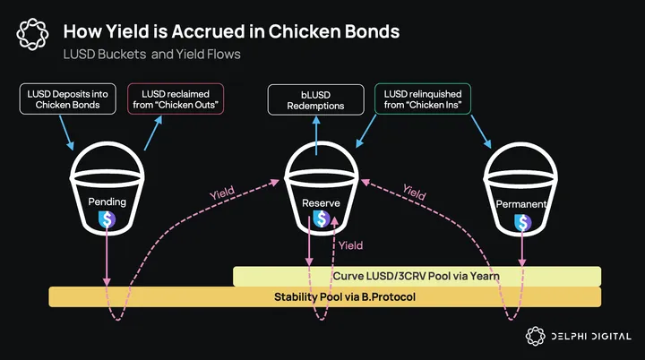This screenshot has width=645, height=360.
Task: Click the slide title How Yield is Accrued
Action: pyautogui.click(x=231, y=32)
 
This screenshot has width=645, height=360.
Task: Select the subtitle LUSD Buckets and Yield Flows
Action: pyautogui.click(x=151, y=55)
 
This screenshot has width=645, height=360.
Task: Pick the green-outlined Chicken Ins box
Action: pyautogui.click(x=421, y=99)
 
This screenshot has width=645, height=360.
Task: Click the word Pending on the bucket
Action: pyautogui.click(x=107, y=202)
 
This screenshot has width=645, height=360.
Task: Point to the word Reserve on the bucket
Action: pyautogui.click(x=320, y=203)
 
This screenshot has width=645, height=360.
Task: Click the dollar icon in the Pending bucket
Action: pyautogui.click(x=107, y=218)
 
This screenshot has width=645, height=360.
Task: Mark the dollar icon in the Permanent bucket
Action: pyautogui.click(x=521, y=221)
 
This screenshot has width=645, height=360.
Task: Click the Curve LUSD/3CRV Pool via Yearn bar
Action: pyautogui.click(x=417, y=276)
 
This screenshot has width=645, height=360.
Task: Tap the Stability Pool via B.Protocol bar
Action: pyautogui.click(x=324, y=296)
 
